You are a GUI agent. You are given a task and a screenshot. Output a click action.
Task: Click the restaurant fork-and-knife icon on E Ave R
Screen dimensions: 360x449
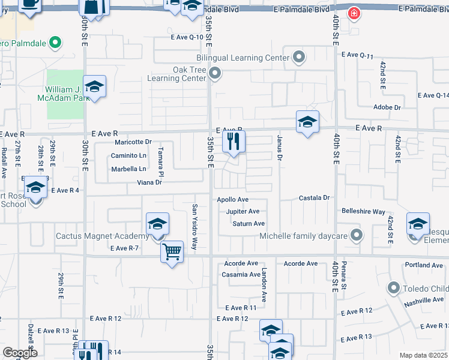coord(234,142)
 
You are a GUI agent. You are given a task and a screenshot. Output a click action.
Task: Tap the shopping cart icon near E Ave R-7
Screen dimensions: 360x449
coord(172,251)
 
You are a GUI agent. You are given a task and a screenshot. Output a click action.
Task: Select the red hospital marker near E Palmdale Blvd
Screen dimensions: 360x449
coord(355,13)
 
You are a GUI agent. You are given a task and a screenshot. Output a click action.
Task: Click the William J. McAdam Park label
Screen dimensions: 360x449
coord(64,94)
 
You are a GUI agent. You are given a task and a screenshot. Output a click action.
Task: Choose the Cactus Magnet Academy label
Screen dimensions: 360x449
coord(103,236)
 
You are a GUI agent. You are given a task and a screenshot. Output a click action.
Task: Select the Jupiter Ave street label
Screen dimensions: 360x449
coord(243,211)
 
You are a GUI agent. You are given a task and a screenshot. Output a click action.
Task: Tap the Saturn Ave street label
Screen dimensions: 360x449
coord(249,224)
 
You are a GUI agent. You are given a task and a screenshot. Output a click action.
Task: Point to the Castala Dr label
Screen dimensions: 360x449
coord(315,197)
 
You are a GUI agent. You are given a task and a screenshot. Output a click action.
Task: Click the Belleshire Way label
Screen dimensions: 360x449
coord(363,212)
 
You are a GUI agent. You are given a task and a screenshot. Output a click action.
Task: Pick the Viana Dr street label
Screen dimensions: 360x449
coord(149,182)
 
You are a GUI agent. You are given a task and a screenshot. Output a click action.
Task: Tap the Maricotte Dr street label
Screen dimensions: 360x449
coord(133,142)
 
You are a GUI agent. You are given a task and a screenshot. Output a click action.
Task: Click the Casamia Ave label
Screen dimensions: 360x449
coord(241,274)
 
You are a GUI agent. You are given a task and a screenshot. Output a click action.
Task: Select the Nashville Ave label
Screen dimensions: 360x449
coord(424,299)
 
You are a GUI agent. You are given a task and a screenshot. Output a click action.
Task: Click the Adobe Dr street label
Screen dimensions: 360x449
coord(387,107)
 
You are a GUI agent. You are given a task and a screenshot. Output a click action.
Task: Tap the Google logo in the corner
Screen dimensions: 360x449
coord(19,353)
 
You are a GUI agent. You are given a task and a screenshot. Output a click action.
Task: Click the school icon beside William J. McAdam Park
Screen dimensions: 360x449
coord(95,88)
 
